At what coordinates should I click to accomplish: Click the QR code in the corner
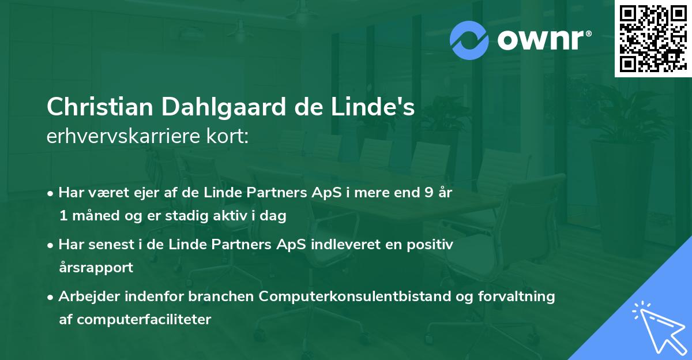(653, 38)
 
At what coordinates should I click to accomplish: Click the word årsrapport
(96, 268)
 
